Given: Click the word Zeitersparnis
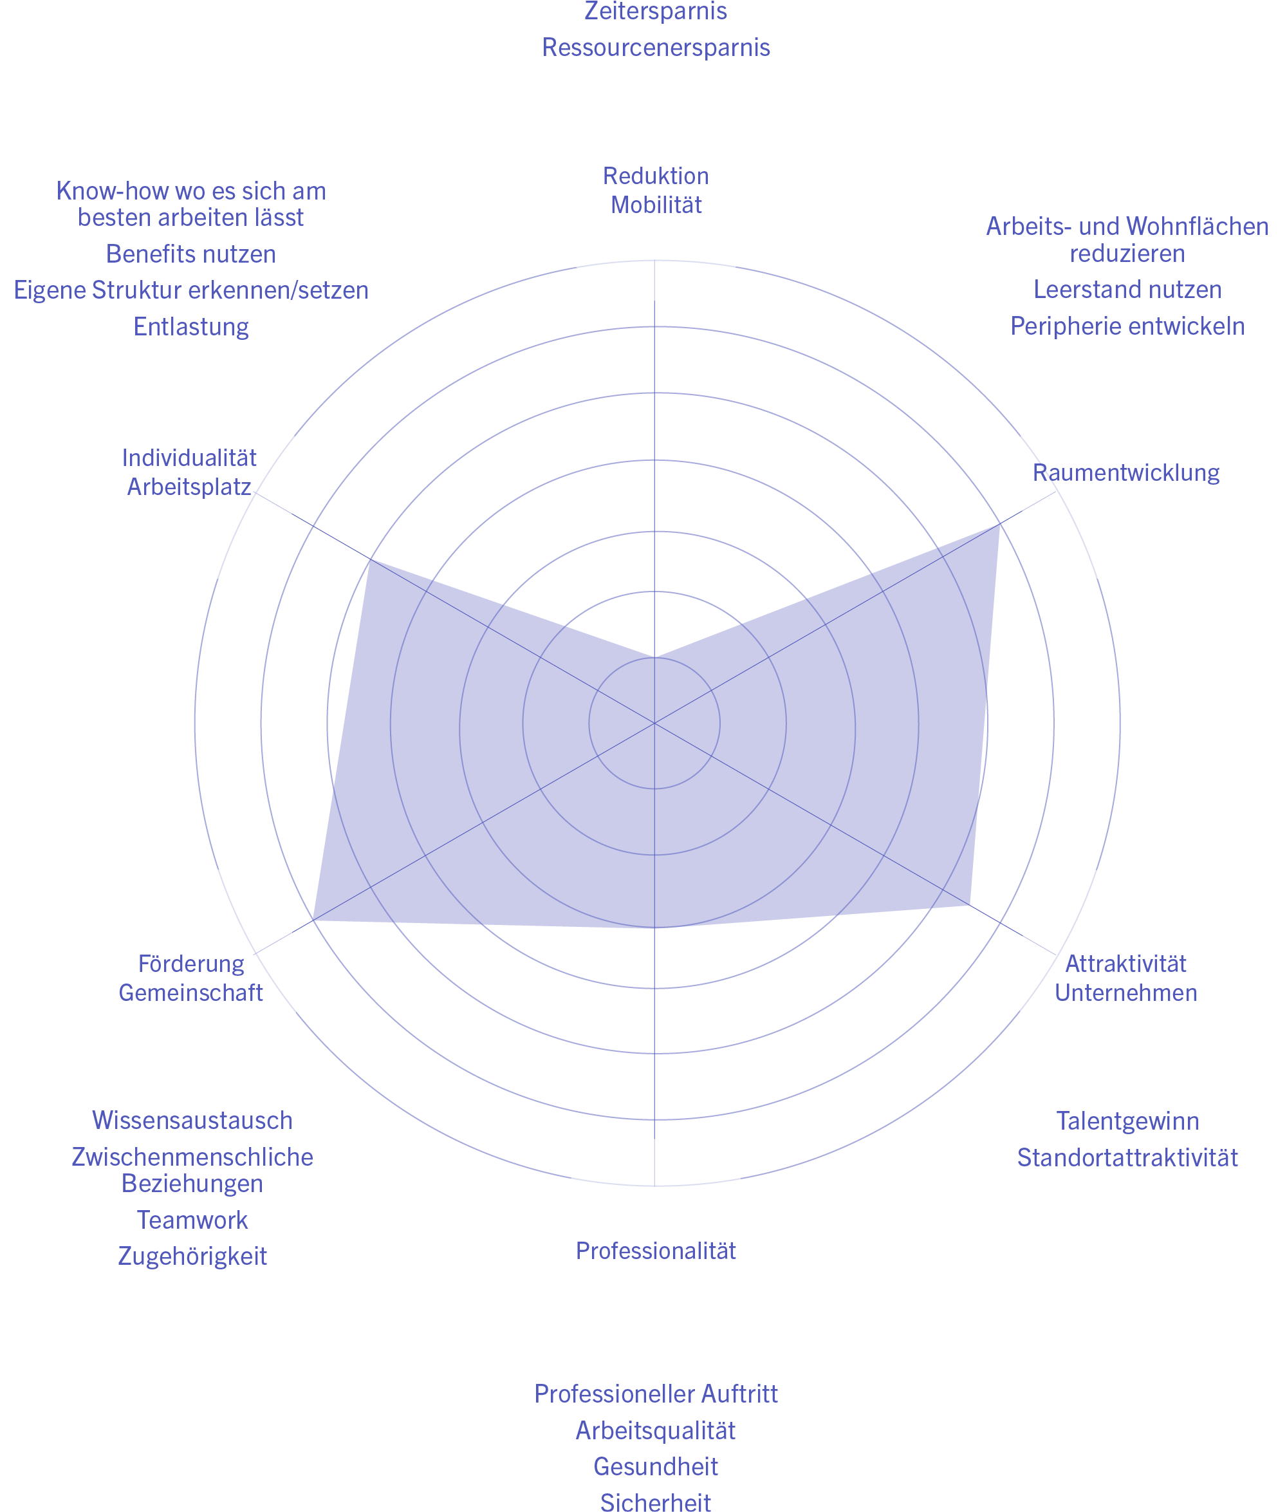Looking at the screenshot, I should pyautogui.click(x=655, y=12).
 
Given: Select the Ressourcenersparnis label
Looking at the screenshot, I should pyautogui.click(x=655, y=48).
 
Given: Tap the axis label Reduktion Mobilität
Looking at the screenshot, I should pyautogui.click(x=655, y=190).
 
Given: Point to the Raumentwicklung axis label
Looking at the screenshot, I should pyautogui.click(x=1125, y=473).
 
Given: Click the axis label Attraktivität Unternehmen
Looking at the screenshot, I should pyautogui.click(x=1125, y=978).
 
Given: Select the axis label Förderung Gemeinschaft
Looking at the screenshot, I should pyautogui.click(x=190, y=978).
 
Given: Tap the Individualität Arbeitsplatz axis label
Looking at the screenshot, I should pyautogui.click(x=189, y=471).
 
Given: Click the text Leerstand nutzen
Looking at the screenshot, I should pyautogui.click(x=1127, y=290).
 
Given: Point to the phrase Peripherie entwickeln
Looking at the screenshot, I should pyautogui.click(x=1127, y=326).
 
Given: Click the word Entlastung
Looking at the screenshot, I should pyautogui.click(x=190, y=326).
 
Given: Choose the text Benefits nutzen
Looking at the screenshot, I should pyautogui.click(x=190, y=254).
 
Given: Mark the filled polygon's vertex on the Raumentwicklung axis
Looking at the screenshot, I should pyautogui.click(x=999, y=525).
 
